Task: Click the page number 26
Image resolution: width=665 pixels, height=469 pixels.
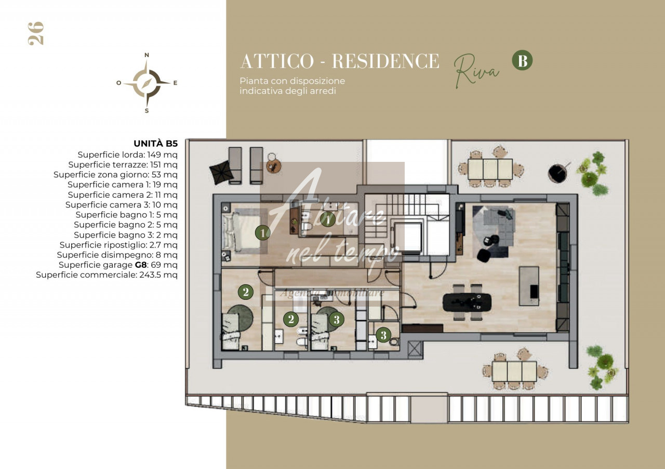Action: pos(36,34)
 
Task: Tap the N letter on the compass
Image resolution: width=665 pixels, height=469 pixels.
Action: pos(147,55)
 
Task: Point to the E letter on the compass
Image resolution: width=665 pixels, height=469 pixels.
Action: pos(175,83)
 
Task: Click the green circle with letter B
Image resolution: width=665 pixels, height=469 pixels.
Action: pos(522,60)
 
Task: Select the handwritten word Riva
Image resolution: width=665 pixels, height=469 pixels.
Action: pos(476,71)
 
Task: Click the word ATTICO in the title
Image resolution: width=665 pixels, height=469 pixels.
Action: pos(277,61)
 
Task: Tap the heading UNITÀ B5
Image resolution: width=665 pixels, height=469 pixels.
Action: pos(155,144)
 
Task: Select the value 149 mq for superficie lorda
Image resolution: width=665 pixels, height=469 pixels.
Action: pos(163,155)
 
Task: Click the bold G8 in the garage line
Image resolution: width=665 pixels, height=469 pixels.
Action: pos(141,265)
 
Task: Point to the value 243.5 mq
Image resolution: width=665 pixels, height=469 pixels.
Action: pos(158,275)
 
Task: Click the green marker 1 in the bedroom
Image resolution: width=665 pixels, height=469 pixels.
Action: pos(263,233)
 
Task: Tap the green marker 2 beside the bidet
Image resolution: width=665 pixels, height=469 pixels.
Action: pos(291,319)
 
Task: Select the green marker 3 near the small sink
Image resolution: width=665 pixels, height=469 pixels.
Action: pos(383,335)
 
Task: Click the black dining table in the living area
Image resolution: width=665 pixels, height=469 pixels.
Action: pos(467,302)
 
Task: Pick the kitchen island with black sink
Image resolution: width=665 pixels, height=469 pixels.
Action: pos(529,286)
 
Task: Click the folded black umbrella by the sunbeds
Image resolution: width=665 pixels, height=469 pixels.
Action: pos(221,172)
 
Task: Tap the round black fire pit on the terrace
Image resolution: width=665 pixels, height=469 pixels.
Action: pos(557,173)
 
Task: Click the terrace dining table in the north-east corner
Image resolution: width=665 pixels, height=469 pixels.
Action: pos(490,169)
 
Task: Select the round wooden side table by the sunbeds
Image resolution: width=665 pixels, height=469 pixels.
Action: pos(273,166)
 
